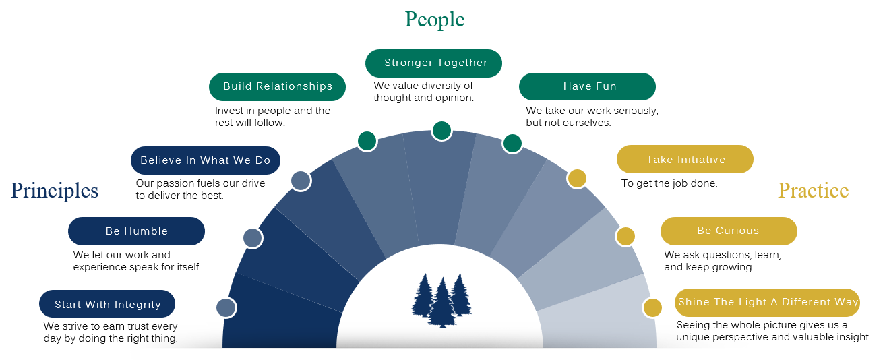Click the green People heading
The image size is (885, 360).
[435, 20]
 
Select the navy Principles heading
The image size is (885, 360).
[55, 191]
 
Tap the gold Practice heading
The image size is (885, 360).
[813, 191]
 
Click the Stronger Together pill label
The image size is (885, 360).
[435, 63]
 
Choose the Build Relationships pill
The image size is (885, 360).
[277, 87]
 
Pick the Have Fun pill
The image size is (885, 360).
[587, 87]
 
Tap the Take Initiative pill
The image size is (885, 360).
[685, 160]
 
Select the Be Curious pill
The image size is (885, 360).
[728, 231]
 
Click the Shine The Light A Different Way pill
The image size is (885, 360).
[768, 302]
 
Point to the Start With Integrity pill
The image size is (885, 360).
[107, 304]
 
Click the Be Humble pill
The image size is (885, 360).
[136, 231]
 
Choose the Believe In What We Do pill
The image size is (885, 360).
[205, 160]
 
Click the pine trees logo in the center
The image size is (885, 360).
[441, 300]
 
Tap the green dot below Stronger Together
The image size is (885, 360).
[441, 130]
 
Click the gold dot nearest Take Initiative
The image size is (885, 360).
[577, 178]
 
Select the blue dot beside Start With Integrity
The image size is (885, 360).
[225, 308]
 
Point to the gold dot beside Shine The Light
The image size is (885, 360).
[652, 308]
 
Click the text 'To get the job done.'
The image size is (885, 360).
[669, 183]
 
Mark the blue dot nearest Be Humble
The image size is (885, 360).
[252, 237]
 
